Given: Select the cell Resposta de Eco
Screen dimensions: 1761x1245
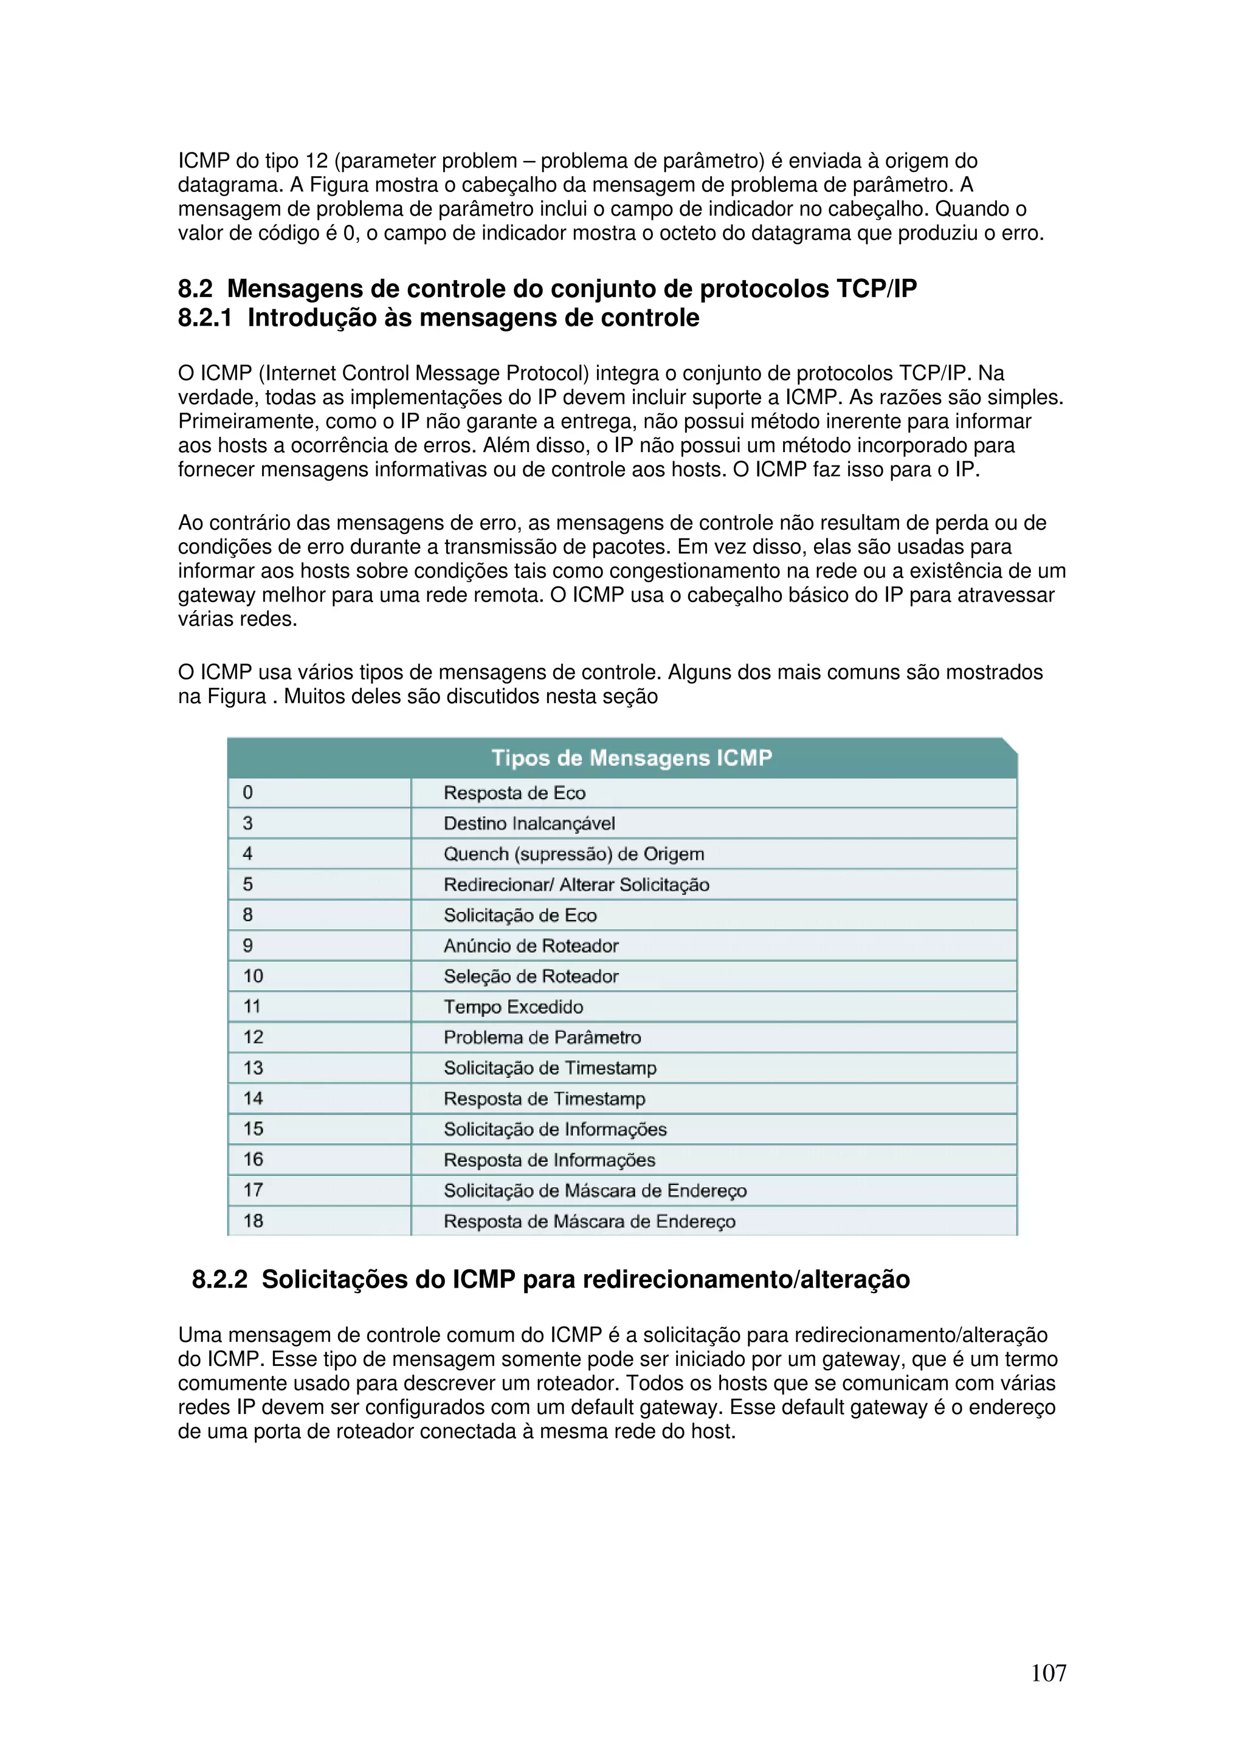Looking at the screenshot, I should point(514,793).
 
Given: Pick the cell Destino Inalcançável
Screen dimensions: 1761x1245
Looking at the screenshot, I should point(529,824).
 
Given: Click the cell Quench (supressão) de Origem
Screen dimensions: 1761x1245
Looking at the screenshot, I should point(573,854).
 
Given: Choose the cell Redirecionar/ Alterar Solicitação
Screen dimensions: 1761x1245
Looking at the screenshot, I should point(576,885).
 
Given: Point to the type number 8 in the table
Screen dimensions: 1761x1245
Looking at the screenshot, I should point(248,915).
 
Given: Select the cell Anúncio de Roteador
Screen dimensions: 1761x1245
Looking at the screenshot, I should point(531,946).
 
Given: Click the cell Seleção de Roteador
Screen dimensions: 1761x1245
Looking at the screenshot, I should point(531,977).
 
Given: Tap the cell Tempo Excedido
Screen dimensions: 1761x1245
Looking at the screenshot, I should point(513,1007).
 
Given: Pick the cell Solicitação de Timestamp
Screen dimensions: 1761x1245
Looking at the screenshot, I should point(550,1068).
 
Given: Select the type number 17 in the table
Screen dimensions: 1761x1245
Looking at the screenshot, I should point(253,1190).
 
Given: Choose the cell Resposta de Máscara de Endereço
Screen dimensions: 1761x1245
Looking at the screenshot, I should point(589,1221).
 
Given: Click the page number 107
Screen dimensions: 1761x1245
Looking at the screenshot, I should point(1048,1673).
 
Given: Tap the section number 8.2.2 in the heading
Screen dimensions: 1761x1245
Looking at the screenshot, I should point(219,1279).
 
